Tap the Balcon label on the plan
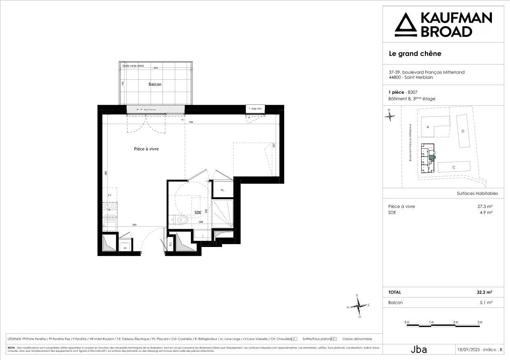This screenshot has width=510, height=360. (155, 84)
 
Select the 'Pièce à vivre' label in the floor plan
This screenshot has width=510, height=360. (146, 149)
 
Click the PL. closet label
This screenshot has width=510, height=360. (223, 190)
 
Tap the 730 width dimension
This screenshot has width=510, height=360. (191, 122)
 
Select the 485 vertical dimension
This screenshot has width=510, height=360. (106, 173)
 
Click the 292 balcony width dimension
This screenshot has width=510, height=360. (155, 68)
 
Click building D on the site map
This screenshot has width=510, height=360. (463, 131)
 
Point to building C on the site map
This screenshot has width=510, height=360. (454, 167)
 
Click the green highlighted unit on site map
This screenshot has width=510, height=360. (432, 157)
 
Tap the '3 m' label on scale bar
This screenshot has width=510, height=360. (480, 322)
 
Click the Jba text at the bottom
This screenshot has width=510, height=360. (419, 350)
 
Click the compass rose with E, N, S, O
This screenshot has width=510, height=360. (359, 306)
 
